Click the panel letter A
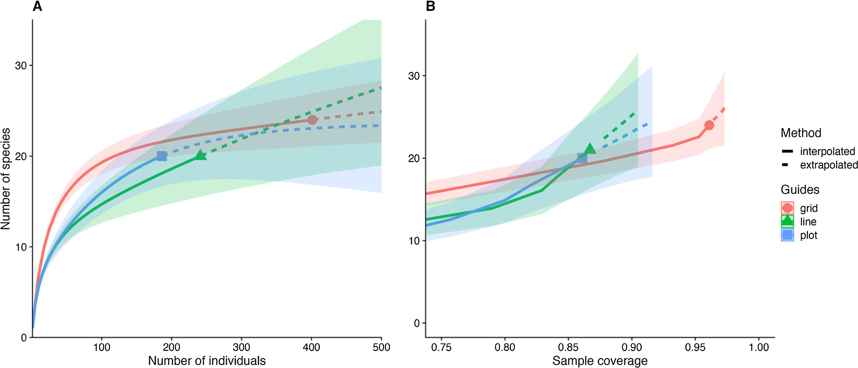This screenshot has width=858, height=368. click(37, 6)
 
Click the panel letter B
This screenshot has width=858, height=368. click(430, 6)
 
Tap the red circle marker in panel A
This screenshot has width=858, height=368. click(312, 120)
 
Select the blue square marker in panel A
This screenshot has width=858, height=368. click(162, 156)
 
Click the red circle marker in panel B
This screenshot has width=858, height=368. click(709, 125)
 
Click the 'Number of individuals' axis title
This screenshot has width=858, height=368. click(207, 361)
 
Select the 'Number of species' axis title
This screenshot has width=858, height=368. click(6, 179)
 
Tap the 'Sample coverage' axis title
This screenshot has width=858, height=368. click(600, 361)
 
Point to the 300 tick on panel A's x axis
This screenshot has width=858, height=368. click(241, 347)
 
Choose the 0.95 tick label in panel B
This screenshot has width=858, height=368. click(695, 347)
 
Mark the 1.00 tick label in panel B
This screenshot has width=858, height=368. click(759, 347)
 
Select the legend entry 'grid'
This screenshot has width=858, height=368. click(809, 208)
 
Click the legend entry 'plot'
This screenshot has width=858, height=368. click(809, 235)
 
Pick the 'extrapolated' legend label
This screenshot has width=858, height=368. click(829, 165)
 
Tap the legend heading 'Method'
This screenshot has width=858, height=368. click(801, 133)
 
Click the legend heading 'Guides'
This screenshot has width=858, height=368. click(800, 190)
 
